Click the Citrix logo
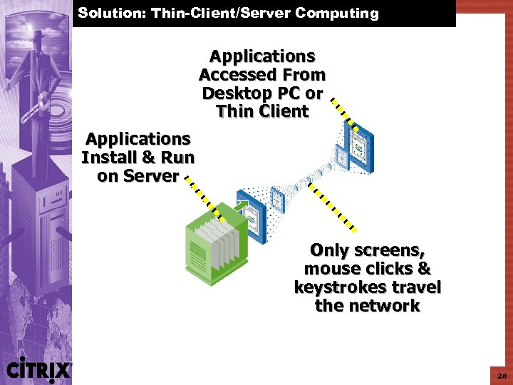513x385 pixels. click(x=38, y=369)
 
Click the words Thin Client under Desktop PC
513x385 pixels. click(x=262, y=111)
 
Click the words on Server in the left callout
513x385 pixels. click(x=138, y=176)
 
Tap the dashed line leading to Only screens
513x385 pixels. click(x=333, y=206)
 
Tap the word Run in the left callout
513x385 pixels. click(x=178, y=158)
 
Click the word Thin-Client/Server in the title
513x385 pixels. click(x=221, y=13)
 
